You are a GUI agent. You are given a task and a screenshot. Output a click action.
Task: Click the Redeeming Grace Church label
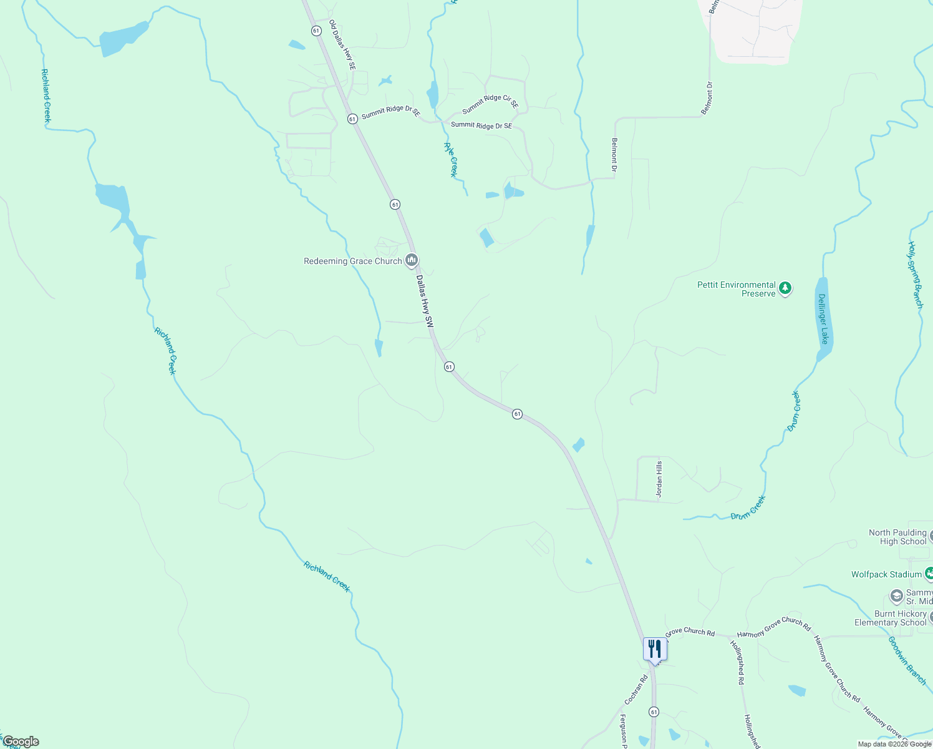tap(352, 262)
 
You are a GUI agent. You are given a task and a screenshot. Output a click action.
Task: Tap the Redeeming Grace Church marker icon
tap(411, 260)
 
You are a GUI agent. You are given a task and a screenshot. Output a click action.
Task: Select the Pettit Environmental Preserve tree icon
tap(785, 288)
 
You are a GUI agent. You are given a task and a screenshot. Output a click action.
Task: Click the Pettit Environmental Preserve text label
tap(737, 289)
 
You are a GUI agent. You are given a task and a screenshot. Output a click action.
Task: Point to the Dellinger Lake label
tap(823, 319)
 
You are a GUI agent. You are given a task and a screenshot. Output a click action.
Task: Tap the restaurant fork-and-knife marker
tap(654, 649)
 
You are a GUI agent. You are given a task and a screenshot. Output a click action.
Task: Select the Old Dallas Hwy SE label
tap(342, 44)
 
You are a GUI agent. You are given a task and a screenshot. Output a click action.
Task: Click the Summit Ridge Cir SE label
tap(490, 104)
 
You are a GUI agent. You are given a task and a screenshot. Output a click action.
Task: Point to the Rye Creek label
tap(450, 160)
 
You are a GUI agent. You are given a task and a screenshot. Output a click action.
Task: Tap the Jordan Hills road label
tap(659, 479)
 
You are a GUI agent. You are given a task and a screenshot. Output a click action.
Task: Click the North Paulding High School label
tap(898, 537)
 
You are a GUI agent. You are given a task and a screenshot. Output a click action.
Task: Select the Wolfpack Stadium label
tap(886, 574)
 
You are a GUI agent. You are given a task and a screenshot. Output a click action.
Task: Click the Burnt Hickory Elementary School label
tap(891, 618)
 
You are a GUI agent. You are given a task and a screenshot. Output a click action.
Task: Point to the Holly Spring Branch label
tap(915, 275)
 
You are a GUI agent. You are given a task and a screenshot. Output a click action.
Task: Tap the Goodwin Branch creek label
tap(907, 660)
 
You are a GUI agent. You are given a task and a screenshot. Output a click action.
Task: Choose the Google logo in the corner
tap(21, 742)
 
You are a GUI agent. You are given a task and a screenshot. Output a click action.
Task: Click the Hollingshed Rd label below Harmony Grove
tap(737, 663)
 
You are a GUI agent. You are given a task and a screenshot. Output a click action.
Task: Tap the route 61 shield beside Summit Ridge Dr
tap(352, 118)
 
